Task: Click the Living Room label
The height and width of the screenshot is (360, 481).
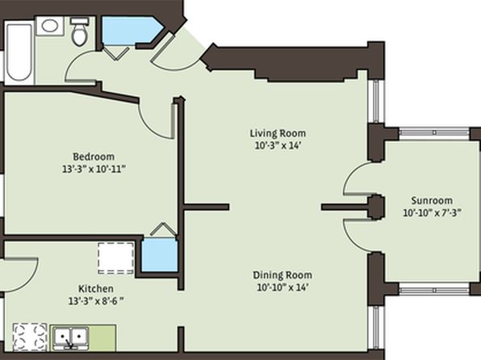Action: pos(278,133)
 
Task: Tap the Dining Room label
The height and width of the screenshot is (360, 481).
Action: pos(282,274)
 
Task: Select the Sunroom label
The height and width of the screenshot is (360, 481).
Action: pos(432,200)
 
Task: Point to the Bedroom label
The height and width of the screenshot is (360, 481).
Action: pos(94,157)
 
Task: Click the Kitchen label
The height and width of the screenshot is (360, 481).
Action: pos(96,288)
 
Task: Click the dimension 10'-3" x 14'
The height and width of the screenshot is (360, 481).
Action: pos(277,145)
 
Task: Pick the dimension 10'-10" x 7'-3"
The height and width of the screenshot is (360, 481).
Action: pos(432,212)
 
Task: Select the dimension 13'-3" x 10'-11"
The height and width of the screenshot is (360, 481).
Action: pos(94,169)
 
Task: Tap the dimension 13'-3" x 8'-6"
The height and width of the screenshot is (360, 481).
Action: pos(96,301)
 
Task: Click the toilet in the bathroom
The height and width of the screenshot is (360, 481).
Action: pos(80,31)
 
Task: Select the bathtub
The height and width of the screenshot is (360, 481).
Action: pos(19,52)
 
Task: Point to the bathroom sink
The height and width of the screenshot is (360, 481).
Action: pos(50,26)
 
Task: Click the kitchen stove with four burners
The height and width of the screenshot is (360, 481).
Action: pos(30,337)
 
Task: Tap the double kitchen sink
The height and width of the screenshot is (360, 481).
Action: pos(70,338)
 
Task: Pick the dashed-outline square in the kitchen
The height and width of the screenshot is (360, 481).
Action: pos(116,258)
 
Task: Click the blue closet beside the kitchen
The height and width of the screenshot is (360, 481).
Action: pos(160,255)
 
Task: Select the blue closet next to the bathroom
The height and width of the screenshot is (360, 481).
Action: pos(131,31)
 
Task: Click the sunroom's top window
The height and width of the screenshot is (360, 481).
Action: pos(434,132)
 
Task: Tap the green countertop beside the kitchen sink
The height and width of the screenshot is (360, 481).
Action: pos(102,338)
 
